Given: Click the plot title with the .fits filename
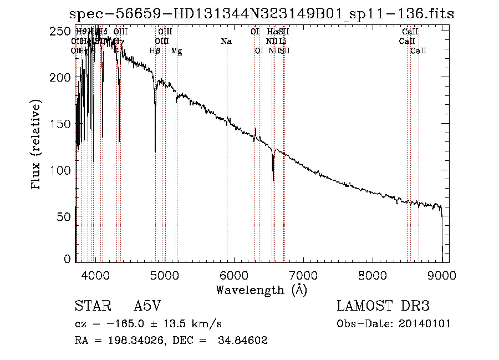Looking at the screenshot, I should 261,14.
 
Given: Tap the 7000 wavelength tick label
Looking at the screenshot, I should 303,274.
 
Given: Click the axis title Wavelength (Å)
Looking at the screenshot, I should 261,289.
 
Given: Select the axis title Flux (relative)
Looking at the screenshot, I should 37,145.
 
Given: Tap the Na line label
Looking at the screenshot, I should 226,42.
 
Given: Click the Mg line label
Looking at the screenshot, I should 176,51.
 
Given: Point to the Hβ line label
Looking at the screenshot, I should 155,51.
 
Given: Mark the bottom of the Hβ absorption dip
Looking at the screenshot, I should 155,151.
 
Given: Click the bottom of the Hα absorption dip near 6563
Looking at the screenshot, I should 273,180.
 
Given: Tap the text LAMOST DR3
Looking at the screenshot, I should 383,307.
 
